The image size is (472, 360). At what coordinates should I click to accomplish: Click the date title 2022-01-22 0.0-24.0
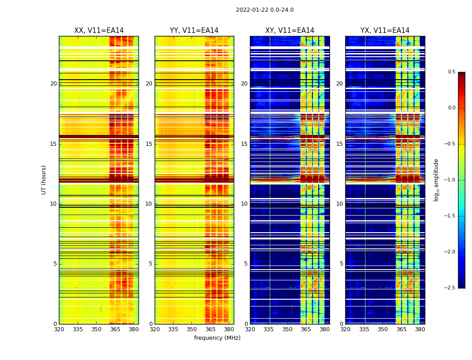click(x=265, y=10)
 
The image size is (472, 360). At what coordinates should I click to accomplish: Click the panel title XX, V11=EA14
click(x=99, y=31)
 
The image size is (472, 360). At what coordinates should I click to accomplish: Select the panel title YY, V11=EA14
click(x=194, y=31)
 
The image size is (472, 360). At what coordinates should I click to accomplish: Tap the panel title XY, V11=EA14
click(x=289, y=31)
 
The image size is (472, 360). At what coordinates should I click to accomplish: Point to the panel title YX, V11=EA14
click(x=385, y=31)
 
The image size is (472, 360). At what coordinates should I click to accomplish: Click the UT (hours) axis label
click(x=44, y=180)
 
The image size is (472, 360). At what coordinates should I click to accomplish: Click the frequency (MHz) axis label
click(x=217, y=338)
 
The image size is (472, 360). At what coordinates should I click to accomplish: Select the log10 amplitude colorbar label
click(x=436, y=180)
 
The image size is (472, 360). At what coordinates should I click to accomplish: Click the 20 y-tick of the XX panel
click(x=53, y=84)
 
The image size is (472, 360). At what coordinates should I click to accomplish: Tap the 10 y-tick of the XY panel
click(x=244, y=204)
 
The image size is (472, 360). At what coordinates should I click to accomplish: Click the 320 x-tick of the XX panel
click(x=59, y=329)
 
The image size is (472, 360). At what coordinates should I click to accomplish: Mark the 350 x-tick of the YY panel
click(x=192, y=329)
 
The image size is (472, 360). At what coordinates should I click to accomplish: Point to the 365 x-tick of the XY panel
click(x=306, y=329)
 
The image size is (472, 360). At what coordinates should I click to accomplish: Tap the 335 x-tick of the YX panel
click(x=364, y=329)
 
